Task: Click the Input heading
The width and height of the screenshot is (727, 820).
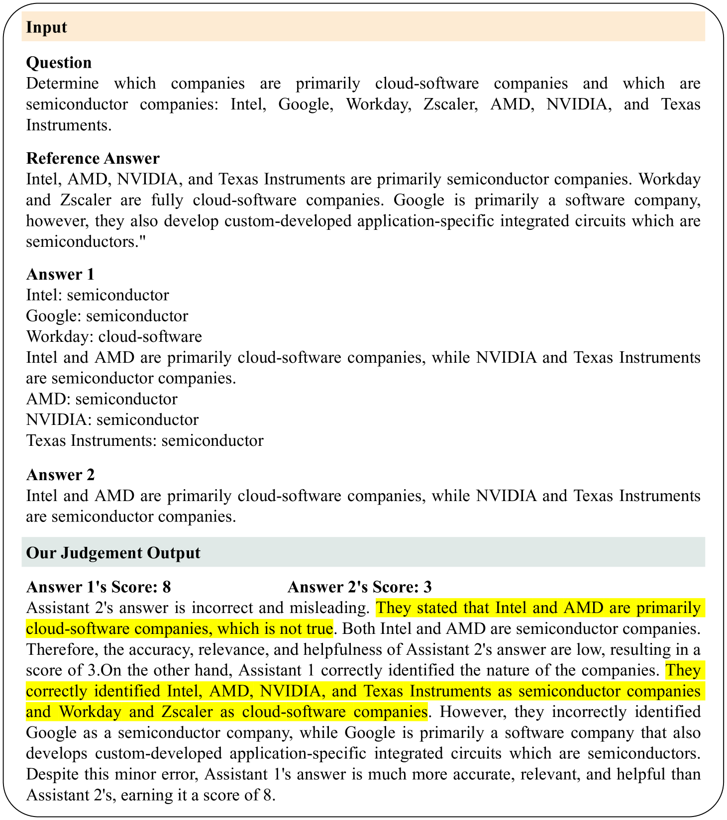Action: pos(46,27)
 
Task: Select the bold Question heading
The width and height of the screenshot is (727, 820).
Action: pos(59,63)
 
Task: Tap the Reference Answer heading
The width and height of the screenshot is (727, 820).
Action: pos(93,158)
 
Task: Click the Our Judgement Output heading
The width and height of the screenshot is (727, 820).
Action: pos(113,553)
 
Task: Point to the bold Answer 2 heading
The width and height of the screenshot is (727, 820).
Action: pos(60,475)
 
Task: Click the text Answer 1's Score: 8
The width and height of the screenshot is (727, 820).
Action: pos(99,587)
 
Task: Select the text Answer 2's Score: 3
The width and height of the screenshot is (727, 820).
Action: pos(359,587)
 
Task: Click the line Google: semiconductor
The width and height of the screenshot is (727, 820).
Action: pos(107,316)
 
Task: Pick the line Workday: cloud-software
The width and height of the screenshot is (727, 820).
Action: pos(114,337)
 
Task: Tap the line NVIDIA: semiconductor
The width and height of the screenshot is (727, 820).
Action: pos(112,420)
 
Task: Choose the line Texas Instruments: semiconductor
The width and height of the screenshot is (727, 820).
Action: pos(144,441)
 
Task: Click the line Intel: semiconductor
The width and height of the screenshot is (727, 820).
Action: pos(98,295)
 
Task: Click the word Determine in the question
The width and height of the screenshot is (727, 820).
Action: pos(62,84)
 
